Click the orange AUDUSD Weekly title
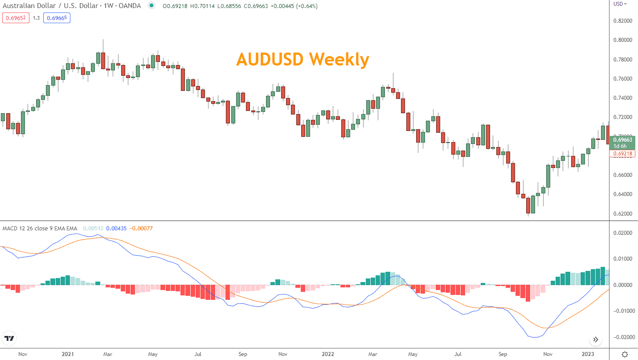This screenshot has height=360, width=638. coord(303,59)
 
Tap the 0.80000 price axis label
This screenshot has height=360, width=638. coord(623,40)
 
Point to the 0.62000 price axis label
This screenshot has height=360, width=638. coord(623,214)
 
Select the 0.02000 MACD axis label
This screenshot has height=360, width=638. coord(623,233)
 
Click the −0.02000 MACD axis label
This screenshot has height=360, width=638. coord(622,337)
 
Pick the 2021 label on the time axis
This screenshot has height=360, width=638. coord(68,354)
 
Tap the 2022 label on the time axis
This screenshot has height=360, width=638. coord(327,354)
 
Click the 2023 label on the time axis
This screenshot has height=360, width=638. coord(588,354)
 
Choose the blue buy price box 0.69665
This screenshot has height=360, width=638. coord(57,18)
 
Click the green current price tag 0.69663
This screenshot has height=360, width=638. coord(623,140)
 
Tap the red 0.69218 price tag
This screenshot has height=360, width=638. coord(623,154)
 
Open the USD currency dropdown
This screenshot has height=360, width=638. coord(620,4)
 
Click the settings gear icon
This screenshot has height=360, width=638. coord(625,354)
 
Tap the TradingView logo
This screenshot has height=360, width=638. coord(9,338)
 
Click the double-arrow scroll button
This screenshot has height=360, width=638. coord(596,340)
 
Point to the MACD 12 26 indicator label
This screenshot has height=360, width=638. coord(40,229)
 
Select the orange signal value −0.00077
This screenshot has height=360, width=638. coord(141,229)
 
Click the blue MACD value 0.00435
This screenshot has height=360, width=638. coord(116,229)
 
